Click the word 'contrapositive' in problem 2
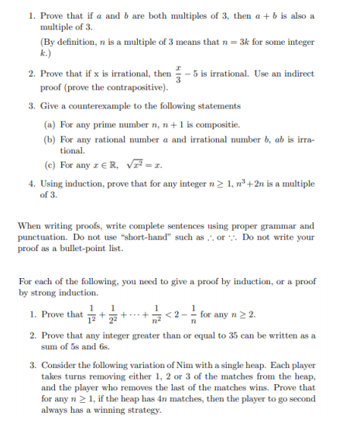pyautogui.click(x=124, y=88)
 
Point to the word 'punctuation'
pyautogui.click(x=39, y=237)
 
